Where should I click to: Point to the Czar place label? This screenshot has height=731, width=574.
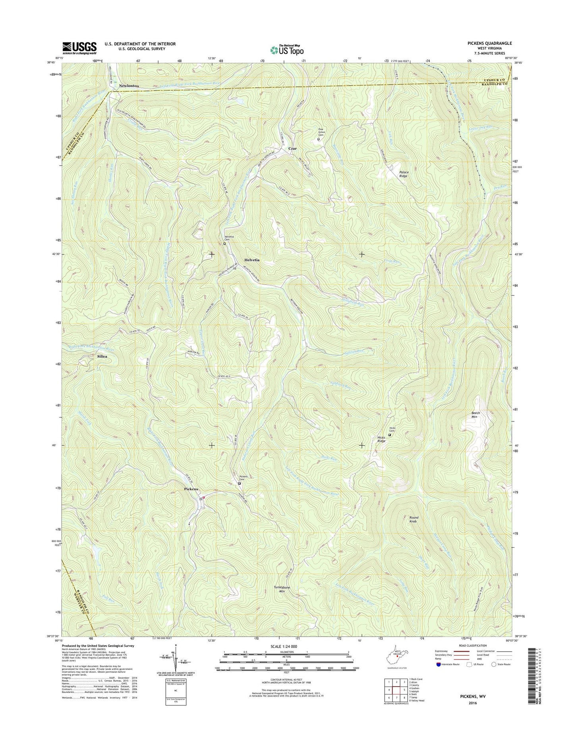point(292,148)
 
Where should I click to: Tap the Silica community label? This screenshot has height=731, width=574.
point(102,356)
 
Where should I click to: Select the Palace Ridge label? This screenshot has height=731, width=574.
point(404,174)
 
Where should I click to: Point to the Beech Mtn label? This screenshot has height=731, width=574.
point(476,415)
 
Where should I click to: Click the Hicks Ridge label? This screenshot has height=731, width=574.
point(381,439)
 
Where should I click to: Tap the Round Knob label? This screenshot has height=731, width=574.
point(414,519)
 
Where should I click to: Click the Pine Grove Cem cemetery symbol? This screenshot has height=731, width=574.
point(318,139)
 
